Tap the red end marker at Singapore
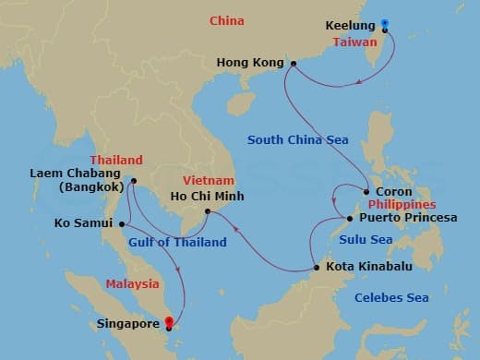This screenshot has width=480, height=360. pyautogui.click(x=168, y=323)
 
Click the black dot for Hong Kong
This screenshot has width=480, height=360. pyautogui.click(x=293, y=64)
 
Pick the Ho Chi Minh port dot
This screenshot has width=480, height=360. pyautogui.click(x=209, y=212)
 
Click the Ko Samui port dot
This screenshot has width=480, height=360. pyautogui.click(x=117, y=222)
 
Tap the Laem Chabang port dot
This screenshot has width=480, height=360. pyautogui.click(x=134, y=181)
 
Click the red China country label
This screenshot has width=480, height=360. pyautogui.click(x=226, y=20)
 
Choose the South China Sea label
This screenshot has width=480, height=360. pyautogui.click(x=297, y=140)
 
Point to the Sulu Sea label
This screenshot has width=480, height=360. pyautogui.click(x=367, y=240)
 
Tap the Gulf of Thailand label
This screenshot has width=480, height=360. pyautogui.click(x=178, y=243)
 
